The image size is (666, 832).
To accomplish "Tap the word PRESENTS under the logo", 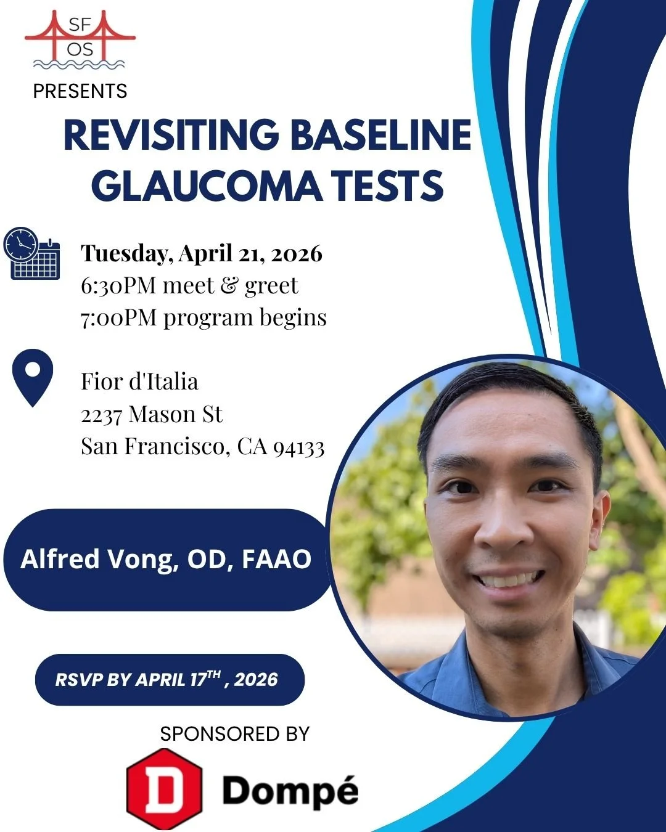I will click(x=80, y=91).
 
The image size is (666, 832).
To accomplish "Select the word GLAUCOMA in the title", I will click(x=206, y=186).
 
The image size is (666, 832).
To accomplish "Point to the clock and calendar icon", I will click(x=32, y=253).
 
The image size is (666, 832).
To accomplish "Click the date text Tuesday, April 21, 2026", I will click(x=202, y=253).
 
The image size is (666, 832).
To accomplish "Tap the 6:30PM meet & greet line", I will click(x=189, y=285).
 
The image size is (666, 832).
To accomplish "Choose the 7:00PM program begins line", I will click(x=203, y=317).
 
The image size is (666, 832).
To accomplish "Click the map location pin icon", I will click(x=33, y=377).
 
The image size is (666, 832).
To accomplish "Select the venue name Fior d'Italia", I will click(x=139, y=381).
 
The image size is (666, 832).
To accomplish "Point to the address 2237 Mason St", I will click(x=151, y=414).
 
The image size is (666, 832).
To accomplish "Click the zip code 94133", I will click(x=298, y=447).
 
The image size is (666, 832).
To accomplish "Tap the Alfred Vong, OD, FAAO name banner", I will click(x=166, y=559).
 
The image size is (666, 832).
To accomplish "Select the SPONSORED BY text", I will click(x=234, y=734).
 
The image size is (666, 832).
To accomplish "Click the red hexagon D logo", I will click(x=164, y=789).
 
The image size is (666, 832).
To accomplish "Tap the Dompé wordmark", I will click(x=290, y=791).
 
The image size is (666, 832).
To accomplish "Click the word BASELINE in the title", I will click(x=380, y=135).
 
